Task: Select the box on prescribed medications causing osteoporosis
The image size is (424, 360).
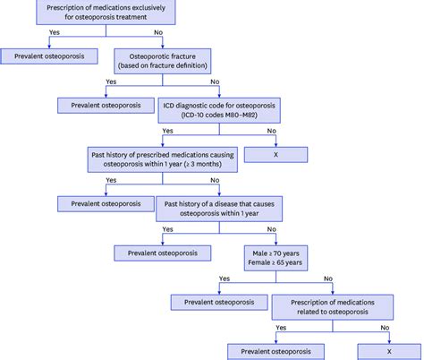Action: (x=161, y=159)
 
